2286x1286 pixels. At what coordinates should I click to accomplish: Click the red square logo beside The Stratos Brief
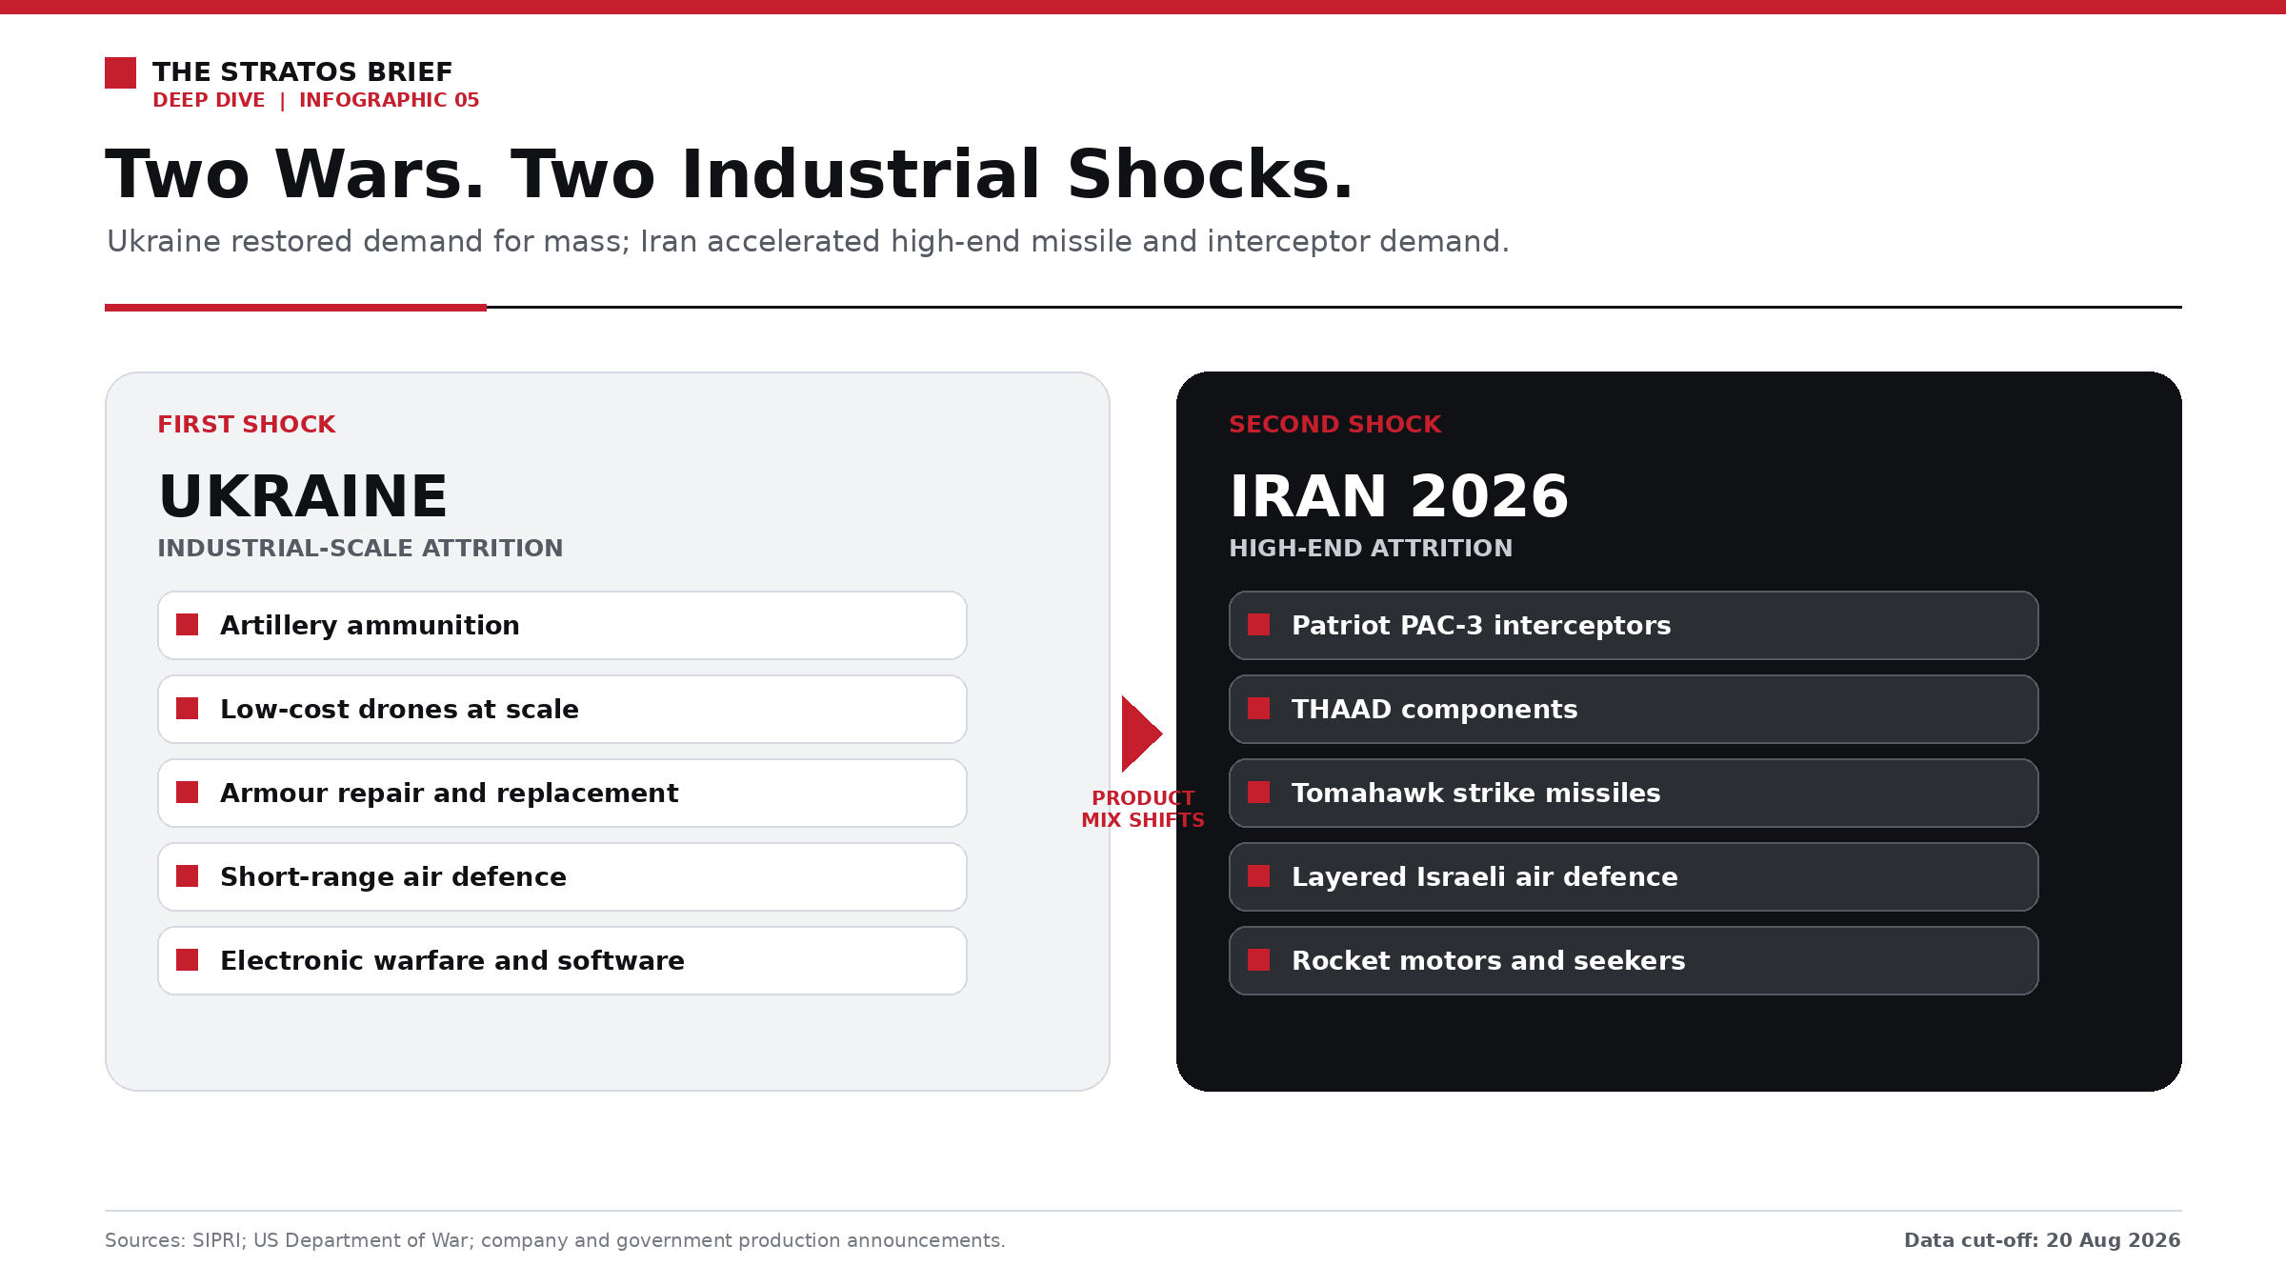click(120, 72)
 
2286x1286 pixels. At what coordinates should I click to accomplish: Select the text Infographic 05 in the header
click(389, 100)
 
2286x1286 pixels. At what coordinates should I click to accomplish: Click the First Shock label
click(246, 424)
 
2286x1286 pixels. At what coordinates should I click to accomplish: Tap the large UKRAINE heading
click(303, 496)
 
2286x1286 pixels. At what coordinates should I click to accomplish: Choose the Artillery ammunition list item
click(562, 625)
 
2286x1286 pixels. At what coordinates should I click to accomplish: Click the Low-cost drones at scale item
click(562, 709)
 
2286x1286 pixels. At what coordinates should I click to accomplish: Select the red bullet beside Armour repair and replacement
click(188, 793)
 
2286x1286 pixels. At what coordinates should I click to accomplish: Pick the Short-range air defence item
click(562, 876)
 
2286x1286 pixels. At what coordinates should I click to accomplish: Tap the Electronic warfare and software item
click(562, 960)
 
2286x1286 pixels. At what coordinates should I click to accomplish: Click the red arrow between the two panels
click(1141, 733)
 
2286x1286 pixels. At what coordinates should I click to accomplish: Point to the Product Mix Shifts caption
click(1143, 809)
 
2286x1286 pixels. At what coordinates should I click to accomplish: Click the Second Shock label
click(1334, 424)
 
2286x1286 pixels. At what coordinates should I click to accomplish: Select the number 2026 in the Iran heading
click(1489, 496)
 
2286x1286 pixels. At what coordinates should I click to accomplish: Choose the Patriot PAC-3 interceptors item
click(1634, 625)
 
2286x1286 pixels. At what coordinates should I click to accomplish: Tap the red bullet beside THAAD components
click(1259, 709)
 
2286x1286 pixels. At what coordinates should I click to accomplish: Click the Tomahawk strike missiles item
click(1634, 793)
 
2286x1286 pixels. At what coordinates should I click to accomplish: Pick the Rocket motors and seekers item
click(1634, 960)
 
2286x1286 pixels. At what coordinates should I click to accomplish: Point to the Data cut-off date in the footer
click(2113, 1240)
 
